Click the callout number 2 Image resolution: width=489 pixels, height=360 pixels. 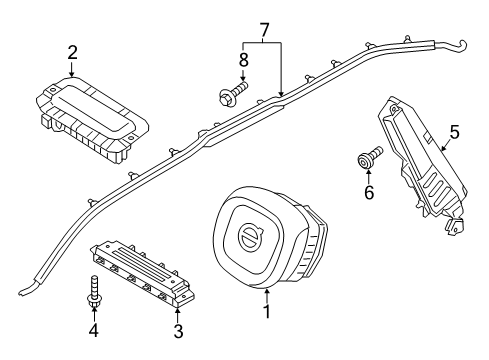72,52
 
